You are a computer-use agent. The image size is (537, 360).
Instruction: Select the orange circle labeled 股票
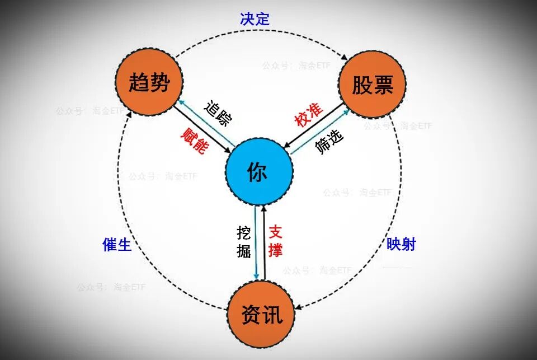click(373, 85)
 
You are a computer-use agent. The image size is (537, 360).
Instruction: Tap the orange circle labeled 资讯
click(261, 315)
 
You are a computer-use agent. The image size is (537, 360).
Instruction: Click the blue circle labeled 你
click(259, 172)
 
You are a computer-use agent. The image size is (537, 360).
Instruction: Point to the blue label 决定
click(255, 19)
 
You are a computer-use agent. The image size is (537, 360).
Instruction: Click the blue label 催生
click(117, 244)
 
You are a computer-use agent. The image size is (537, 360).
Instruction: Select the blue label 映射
click(401, 244)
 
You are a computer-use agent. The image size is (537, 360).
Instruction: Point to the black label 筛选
click(329, 142)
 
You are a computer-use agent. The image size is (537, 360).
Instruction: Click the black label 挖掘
click(243, 241)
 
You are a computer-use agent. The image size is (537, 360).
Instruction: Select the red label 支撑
click(275, 241)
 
